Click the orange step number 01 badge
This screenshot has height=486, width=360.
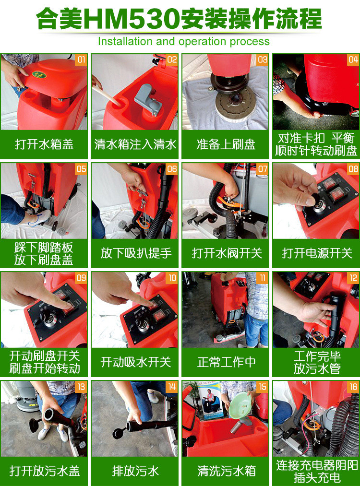tap(81, 60)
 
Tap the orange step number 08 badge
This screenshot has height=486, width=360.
tap(353, 169)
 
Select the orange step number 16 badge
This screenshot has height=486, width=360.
tap(353, 387)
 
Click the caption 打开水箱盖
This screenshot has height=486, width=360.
tap(44, 144)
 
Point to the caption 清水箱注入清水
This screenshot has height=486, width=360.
tap(135, 144)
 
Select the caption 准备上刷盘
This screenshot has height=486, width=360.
tap(226, 144)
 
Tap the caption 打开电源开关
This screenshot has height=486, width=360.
tap(317, 253)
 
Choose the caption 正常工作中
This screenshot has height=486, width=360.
tap(226, 362)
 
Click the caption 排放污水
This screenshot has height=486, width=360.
tap(135, 471)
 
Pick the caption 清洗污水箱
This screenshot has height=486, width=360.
tap(226, 471)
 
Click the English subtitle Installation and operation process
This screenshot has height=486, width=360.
tap(183, 42)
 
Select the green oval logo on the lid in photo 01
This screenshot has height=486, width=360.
tap(39, 75)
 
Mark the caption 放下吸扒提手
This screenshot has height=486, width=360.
tap(135, 253)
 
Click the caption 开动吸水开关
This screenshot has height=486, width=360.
tap(135, 362)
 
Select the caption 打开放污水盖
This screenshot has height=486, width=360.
tap(44, 471)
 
